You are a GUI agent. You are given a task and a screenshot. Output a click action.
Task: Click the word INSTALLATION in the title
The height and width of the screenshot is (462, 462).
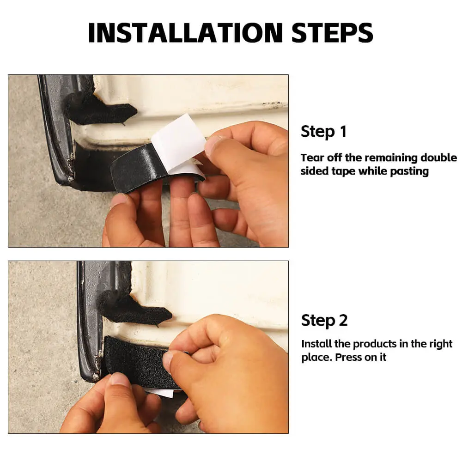[186, 33]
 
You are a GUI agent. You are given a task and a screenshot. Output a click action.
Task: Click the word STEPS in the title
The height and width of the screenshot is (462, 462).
[332, 33]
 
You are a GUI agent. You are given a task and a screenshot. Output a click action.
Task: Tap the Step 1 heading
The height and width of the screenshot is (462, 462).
[323, 131]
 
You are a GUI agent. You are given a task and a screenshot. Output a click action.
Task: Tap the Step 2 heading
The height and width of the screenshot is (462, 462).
[324, 320]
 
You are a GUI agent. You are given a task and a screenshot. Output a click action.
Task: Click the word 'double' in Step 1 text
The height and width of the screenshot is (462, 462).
[438, 158]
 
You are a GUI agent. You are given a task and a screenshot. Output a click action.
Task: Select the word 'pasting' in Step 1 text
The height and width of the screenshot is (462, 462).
[409, 171]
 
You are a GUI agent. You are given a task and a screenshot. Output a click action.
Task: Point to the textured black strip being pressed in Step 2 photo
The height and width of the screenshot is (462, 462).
[135, 361]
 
